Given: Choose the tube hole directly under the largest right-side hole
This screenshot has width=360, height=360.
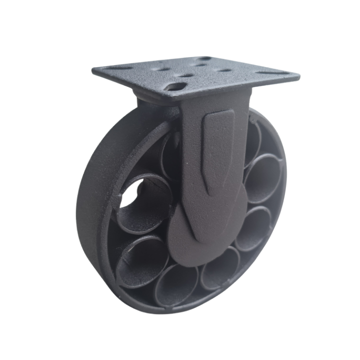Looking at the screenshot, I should point(252,227).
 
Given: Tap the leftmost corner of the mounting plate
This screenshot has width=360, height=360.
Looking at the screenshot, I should point(93,70).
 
